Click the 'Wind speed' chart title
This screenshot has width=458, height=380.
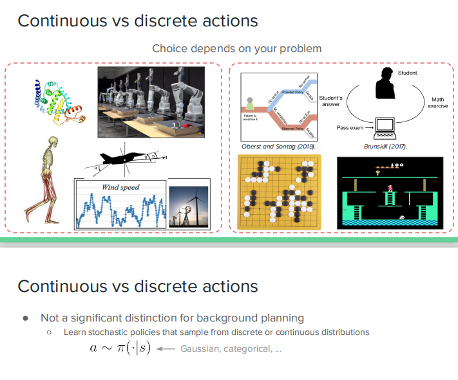click(x=120, y=187)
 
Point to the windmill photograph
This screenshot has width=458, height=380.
click(x=189, y=208)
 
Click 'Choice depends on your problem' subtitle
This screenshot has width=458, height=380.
click(x=236, y=49)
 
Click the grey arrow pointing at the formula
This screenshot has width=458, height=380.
click(x=166, y=349)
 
